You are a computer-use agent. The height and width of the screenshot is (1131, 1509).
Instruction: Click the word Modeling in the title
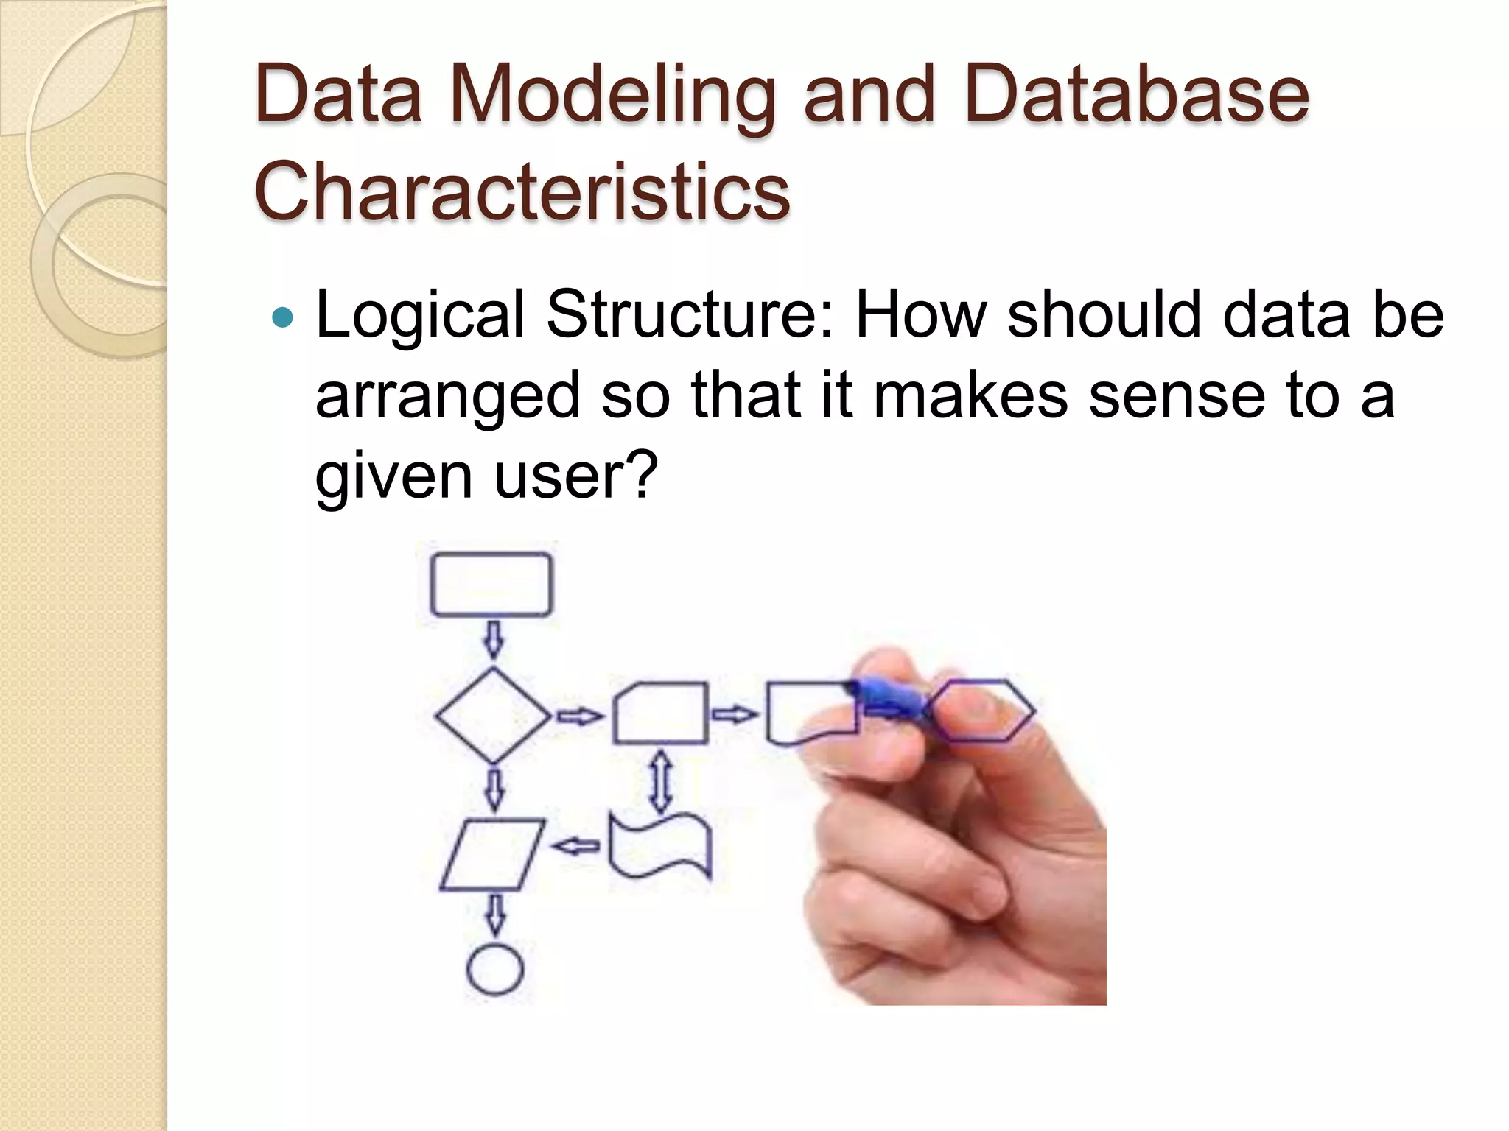point(612,96)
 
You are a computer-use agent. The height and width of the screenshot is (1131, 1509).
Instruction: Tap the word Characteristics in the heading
point(522,191)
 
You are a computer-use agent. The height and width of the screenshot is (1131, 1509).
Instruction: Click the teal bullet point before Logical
point(281,318)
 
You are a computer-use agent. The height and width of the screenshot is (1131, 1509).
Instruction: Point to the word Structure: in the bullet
point(690,315)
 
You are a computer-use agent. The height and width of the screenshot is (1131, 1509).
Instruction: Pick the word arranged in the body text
point(448,396)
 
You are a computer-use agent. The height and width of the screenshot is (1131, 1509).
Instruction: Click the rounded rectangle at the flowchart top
point(491,584)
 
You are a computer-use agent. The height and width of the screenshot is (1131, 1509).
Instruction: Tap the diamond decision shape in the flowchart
point(492,715)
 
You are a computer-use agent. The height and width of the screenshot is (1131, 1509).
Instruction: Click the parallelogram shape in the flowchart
point(492,854)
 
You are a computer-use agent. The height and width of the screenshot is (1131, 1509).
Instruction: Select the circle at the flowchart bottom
point(495,970)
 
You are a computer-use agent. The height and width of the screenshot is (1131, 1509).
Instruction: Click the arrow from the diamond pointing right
point(579,715)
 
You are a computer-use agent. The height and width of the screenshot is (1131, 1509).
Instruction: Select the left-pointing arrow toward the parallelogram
point(577,846)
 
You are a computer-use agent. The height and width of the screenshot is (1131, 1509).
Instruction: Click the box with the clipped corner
point(661,714)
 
